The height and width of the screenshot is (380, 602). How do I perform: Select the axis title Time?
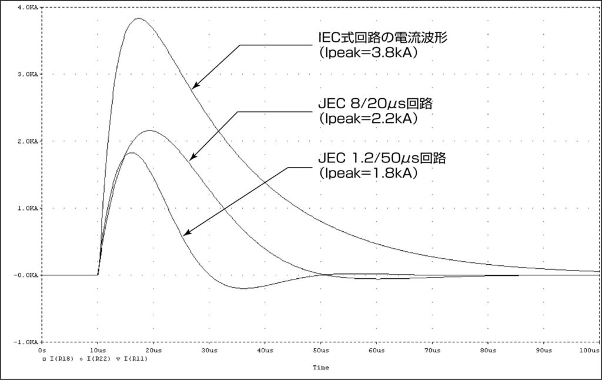[321, 368]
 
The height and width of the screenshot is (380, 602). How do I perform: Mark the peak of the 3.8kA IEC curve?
[138, 18]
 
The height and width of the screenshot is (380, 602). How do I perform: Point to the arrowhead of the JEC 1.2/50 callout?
[183, 235]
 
